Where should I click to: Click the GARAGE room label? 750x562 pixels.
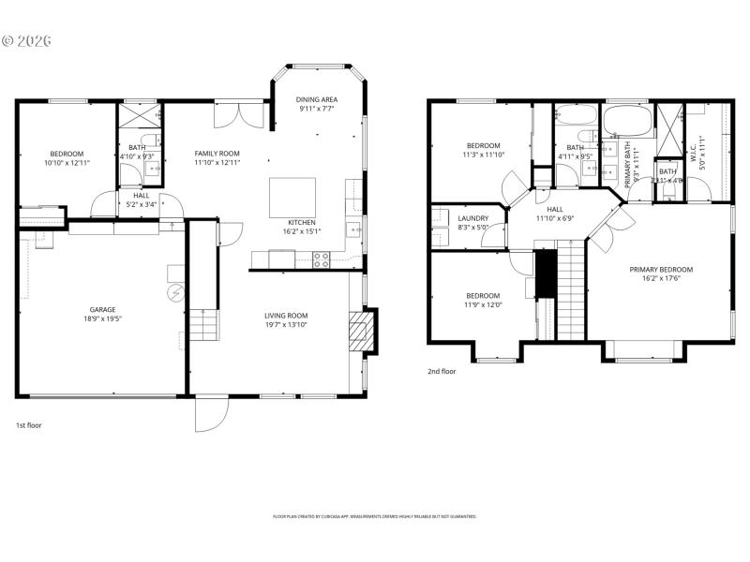(102, 309)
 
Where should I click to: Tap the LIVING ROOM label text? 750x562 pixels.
(286, 315)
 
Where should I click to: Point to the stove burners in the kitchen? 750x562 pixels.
(321, 259)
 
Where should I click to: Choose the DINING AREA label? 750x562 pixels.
(317, 99)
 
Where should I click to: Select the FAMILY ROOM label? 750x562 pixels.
(217, 154)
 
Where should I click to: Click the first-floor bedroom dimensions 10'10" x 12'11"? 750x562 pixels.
(67, 163)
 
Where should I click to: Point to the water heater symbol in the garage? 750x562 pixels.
(172, 293)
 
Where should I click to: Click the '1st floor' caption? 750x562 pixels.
(28, 425)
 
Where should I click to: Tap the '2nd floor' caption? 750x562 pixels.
(442, 371)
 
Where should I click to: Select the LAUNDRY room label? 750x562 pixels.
(473, 217)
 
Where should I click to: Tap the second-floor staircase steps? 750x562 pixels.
(570, 290)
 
